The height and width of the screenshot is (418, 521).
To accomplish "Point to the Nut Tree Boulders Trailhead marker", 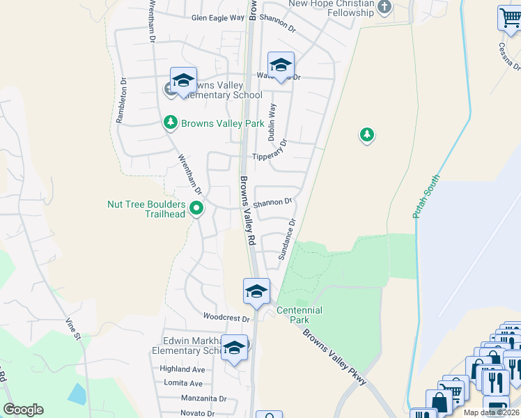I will [197, 207].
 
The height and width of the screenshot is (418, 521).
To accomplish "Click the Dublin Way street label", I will [273, 118].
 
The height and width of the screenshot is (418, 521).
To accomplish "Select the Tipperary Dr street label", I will [270, 157].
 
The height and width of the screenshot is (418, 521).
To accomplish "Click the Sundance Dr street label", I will [288, 239].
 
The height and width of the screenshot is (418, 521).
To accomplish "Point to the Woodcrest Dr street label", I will [226, 318].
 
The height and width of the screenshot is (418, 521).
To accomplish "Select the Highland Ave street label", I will [182, 369].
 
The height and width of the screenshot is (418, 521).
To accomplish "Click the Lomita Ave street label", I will [183, 383].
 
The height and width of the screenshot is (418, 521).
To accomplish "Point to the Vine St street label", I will [72, 329].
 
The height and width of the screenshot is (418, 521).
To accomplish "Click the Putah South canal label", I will [426, 196].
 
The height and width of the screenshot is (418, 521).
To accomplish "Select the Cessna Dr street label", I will [509, 56].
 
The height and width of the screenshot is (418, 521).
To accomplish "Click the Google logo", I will [23, 410].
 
